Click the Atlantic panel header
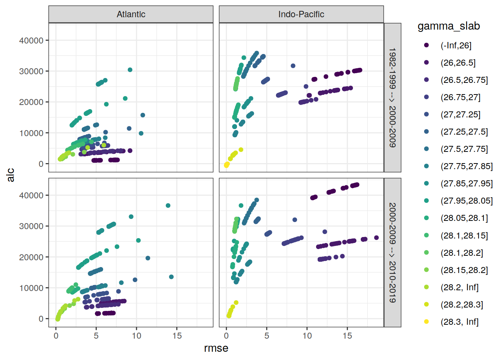coord(131,14)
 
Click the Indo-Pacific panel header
coord(301,14)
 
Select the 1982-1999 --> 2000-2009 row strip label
coord(392,97)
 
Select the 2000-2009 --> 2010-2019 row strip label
coord(392,252)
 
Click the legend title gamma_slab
coord(448,26)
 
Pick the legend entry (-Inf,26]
coord(456,45)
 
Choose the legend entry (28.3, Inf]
coord(459,322)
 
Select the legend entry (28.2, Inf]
coord(459,287)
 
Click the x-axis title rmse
coord(216,348)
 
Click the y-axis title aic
coord(10,175)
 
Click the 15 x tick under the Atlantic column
coord(177,336)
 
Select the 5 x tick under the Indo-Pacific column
coord(267,336)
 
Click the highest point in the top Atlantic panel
coord(130,70)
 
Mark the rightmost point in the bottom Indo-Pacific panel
coord(376,238)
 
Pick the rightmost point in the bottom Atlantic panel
coord(171,277)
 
